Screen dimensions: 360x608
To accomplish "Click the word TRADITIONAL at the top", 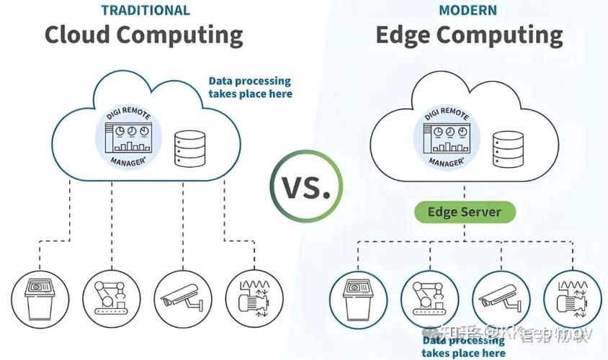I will (x=146, y=10).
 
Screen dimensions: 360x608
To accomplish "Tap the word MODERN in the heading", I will (x=468, y=10).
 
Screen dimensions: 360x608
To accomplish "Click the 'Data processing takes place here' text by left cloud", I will (x=250, y=88).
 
